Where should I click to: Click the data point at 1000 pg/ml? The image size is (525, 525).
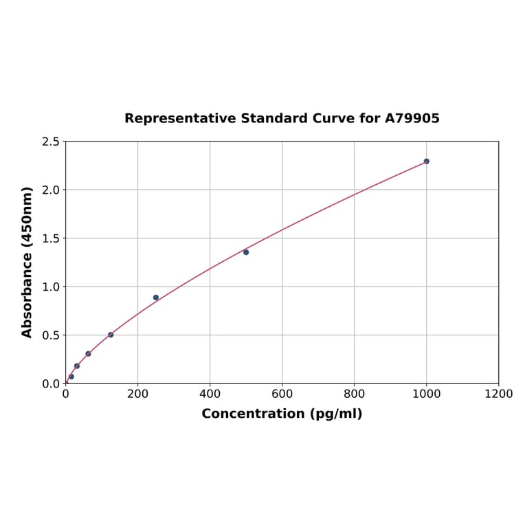tap(426, 161)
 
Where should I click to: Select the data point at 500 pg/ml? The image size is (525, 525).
tap(246, 252)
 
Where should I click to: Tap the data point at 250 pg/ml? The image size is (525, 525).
tap(156, 298)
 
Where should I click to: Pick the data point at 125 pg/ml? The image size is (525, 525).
tap(111, 335)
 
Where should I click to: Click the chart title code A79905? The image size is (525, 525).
tap(412, 119)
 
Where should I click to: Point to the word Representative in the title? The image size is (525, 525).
tap(180, 119)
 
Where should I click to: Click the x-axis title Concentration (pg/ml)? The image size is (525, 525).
tap(282, 414)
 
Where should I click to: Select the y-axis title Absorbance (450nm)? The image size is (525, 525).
tap(27, 262)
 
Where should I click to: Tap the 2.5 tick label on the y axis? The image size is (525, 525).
tap(51, 142)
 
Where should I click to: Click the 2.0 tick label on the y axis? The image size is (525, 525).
tap(51, 190)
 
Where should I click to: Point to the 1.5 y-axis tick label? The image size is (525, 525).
tap(51, 238)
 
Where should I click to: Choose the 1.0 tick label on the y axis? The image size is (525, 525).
tap(51, 287)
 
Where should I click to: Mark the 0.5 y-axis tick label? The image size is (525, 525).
tap(51, 335)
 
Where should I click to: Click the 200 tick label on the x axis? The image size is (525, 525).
tap(137, 394)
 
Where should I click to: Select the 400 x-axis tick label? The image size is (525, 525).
tap(210, 394)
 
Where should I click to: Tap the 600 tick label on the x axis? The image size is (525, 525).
tap(282, 394)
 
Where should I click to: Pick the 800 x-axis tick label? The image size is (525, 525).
tap(354, 394)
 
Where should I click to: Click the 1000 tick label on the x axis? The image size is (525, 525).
tap(426, 394)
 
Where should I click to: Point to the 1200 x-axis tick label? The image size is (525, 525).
tap(498, 394)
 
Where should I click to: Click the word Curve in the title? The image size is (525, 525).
tap(334, 119)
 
